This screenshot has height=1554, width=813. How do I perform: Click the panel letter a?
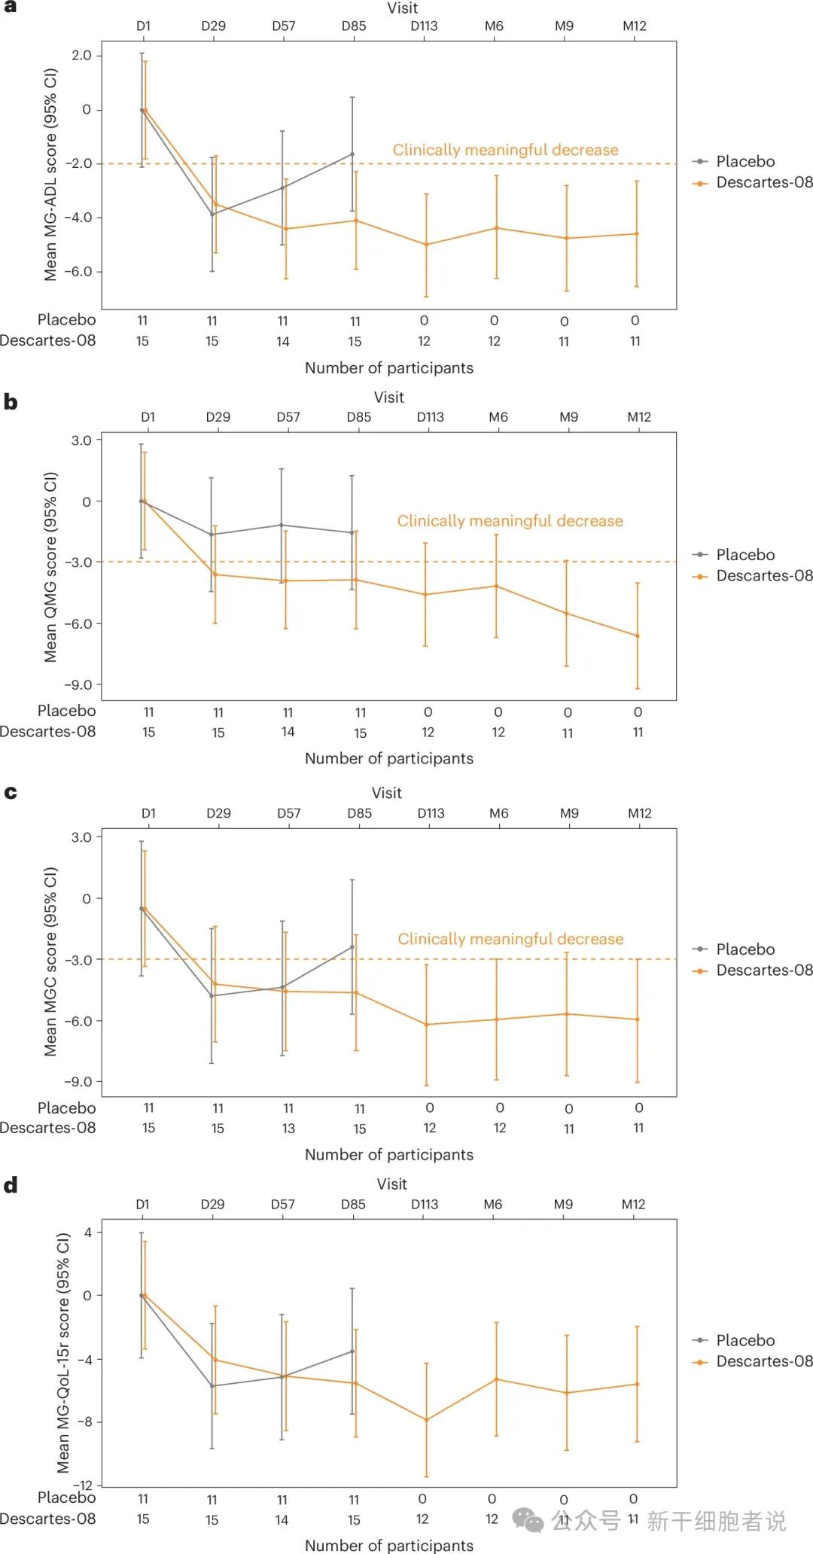[x=10, y=7]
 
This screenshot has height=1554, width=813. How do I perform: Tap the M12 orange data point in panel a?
[x=637, y=234]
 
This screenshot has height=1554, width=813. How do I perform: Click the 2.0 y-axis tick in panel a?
[x=81, y=56]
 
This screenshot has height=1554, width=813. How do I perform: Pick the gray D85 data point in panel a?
[x=352, y=154]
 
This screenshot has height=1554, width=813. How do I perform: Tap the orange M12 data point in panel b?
[x=638, y=636]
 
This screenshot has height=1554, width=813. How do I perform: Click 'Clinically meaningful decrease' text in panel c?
[x=510, y=939]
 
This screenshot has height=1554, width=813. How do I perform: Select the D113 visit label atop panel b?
[x=431, y=417]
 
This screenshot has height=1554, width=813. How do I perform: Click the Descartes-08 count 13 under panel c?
[x=288, y=1129]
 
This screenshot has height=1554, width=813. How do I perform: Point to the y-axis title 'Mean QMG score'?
[x=50, y=566]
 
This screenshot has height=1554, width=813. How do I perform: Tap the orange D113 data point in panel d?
[x=426, y=1420]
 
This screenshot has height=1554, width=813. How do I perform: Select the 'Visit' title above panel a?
[x=403, y=8]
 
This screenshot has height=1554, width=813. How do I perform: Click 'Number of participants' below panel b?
[x=389, y=759]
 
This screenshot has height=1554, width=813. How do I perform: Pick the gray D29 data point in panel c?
[x=212, y=996]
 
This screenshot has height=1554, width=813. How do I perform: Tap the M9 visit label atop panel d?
[x=563, y=1205]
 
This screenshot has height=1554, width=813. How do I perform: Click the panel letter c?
[x=11, y=793]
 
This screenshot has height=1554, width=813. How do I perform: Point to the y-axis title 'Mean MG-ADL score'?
[x=50, y=175]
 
